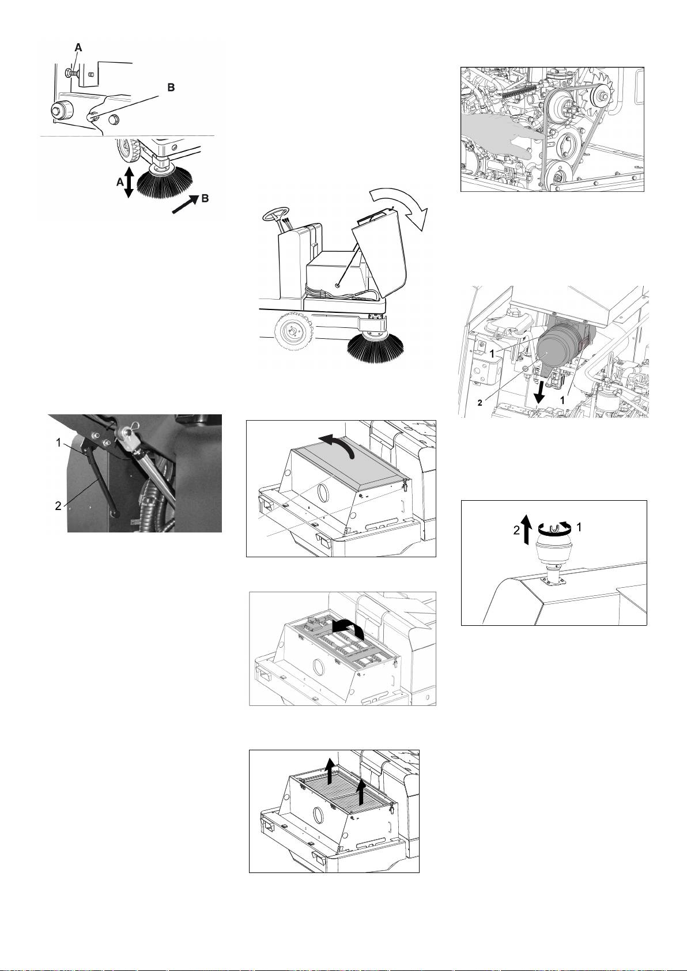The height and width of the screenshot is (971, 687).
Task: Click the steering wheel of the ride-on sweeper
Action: pos(275,215)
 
